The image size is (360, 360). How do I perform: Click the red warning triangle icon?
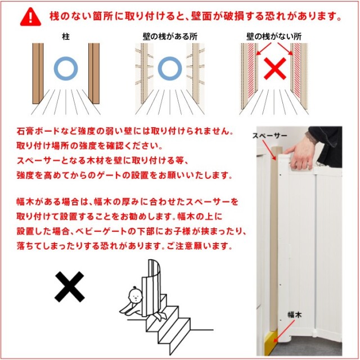pyautogui.click(x=30, y=17)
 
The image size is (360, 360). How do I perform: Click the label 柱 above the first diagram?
pyautogui.click(x=66, y=37)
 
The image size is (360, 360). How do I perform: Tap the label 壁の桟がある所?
pyautogui.click(x=170, y=37)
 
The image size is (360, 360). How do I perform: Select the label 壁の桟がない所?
pyautogui.click(x=274, y=37)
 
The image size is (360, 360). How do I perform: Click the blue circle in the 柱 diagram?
pyautogui.click(x=66, y=57)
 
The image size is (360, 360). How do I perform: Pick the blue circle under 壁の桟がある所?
pyautogui.click(x=170, y=57)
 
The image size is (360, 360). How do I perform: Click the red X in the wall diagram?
pyautogui.click(x=275, y=69)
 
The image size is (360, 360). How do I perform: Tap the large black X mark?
pyautogui.click(x=70, y=287)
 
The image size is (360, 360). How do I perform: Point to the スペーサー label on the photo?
pyautogui.click(x=269, y=136)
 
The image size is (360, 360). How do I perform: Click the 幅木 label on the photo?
pyautogui.click(x=295, y=314)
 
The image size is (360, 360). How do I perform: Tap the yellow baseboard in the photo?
pyautogui.click(x=271, y=340)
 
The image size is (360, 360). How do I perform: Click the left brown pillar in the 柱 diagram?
pyautogui.click(x=38, y=74)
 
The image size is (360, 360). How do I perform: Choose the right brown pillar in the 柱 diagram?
pyautogui.click(x=94, y=74)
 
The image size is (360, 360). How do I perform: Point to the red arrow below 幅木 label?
pyautogui.click(x=283, y=331)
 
